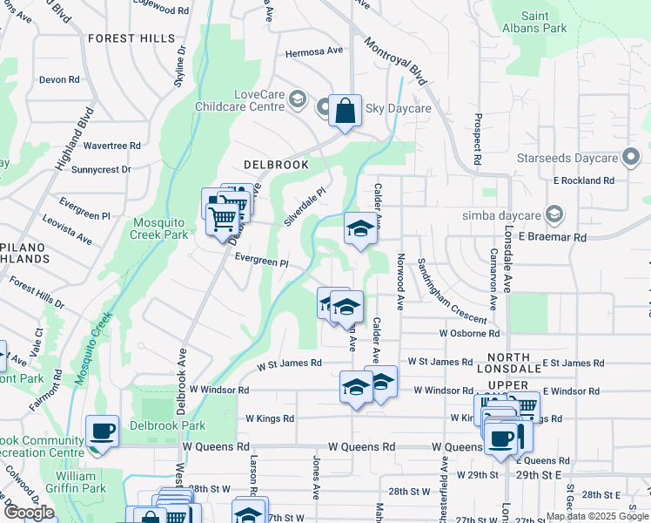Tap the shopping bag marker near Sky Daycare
346,112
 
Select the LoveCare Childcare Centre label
259,100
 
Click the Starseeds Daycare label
579,158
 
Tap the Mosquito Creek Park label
159,228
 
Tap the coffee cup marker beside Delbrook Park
103,431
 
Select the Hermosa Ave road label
315,51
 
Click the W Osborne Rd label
469,333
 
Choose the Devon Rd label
59,79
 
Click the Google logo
29,513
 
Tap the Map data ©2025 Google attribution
596,516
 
